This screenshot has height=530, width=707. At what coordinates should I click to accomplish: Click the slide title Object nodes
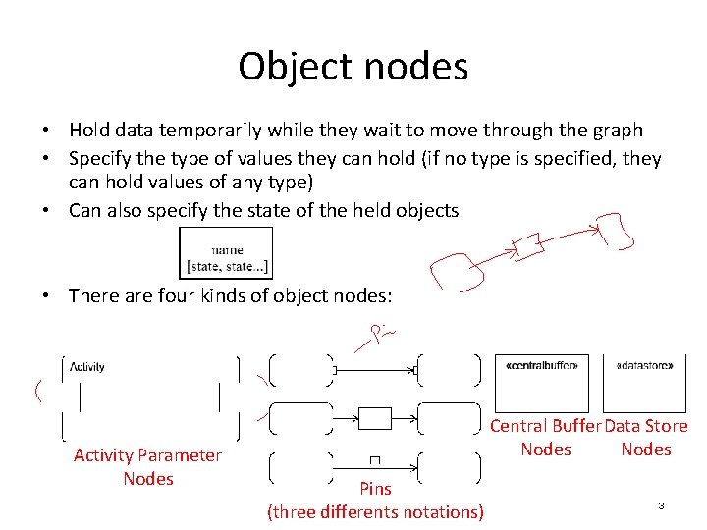(x=353, y=67)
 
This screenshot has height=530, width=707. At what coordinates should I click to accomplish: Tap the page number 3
(x=661, y=505)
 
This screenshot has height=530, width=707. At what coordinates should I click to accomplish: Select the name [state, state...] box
(x=226, y=253)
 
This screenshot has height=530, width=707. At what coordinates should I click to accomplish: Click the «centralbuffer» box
(x=541, y=383)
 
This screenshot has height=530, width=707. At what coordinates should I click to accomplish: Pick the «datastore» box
(x=645, y=383)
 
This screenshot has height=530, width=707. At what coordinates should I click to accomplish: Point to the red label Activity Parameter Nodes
(x=148, y=466)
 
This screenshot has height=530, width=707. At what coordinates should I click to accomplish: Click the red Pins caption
(x=375, y=489)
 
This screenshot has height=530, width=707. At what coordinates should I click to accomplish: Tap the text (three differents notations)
(x=375, y=511)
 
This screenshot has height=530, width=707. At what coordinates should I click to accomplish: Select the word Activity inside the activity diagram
(x=88, y=367)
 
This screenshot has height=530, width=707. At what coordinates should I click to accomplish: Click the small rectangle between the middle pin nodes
(x=375, y=419)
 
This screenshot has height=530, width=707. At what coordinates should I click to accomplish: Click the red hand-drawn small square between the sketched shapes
(x=528, y=246)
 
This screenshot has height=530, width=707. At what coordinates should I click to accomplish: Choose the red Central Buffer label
(x=545, y=426)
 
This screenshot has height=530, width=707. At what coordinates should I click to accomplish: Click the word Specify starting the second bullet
(x=102, y=159)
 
